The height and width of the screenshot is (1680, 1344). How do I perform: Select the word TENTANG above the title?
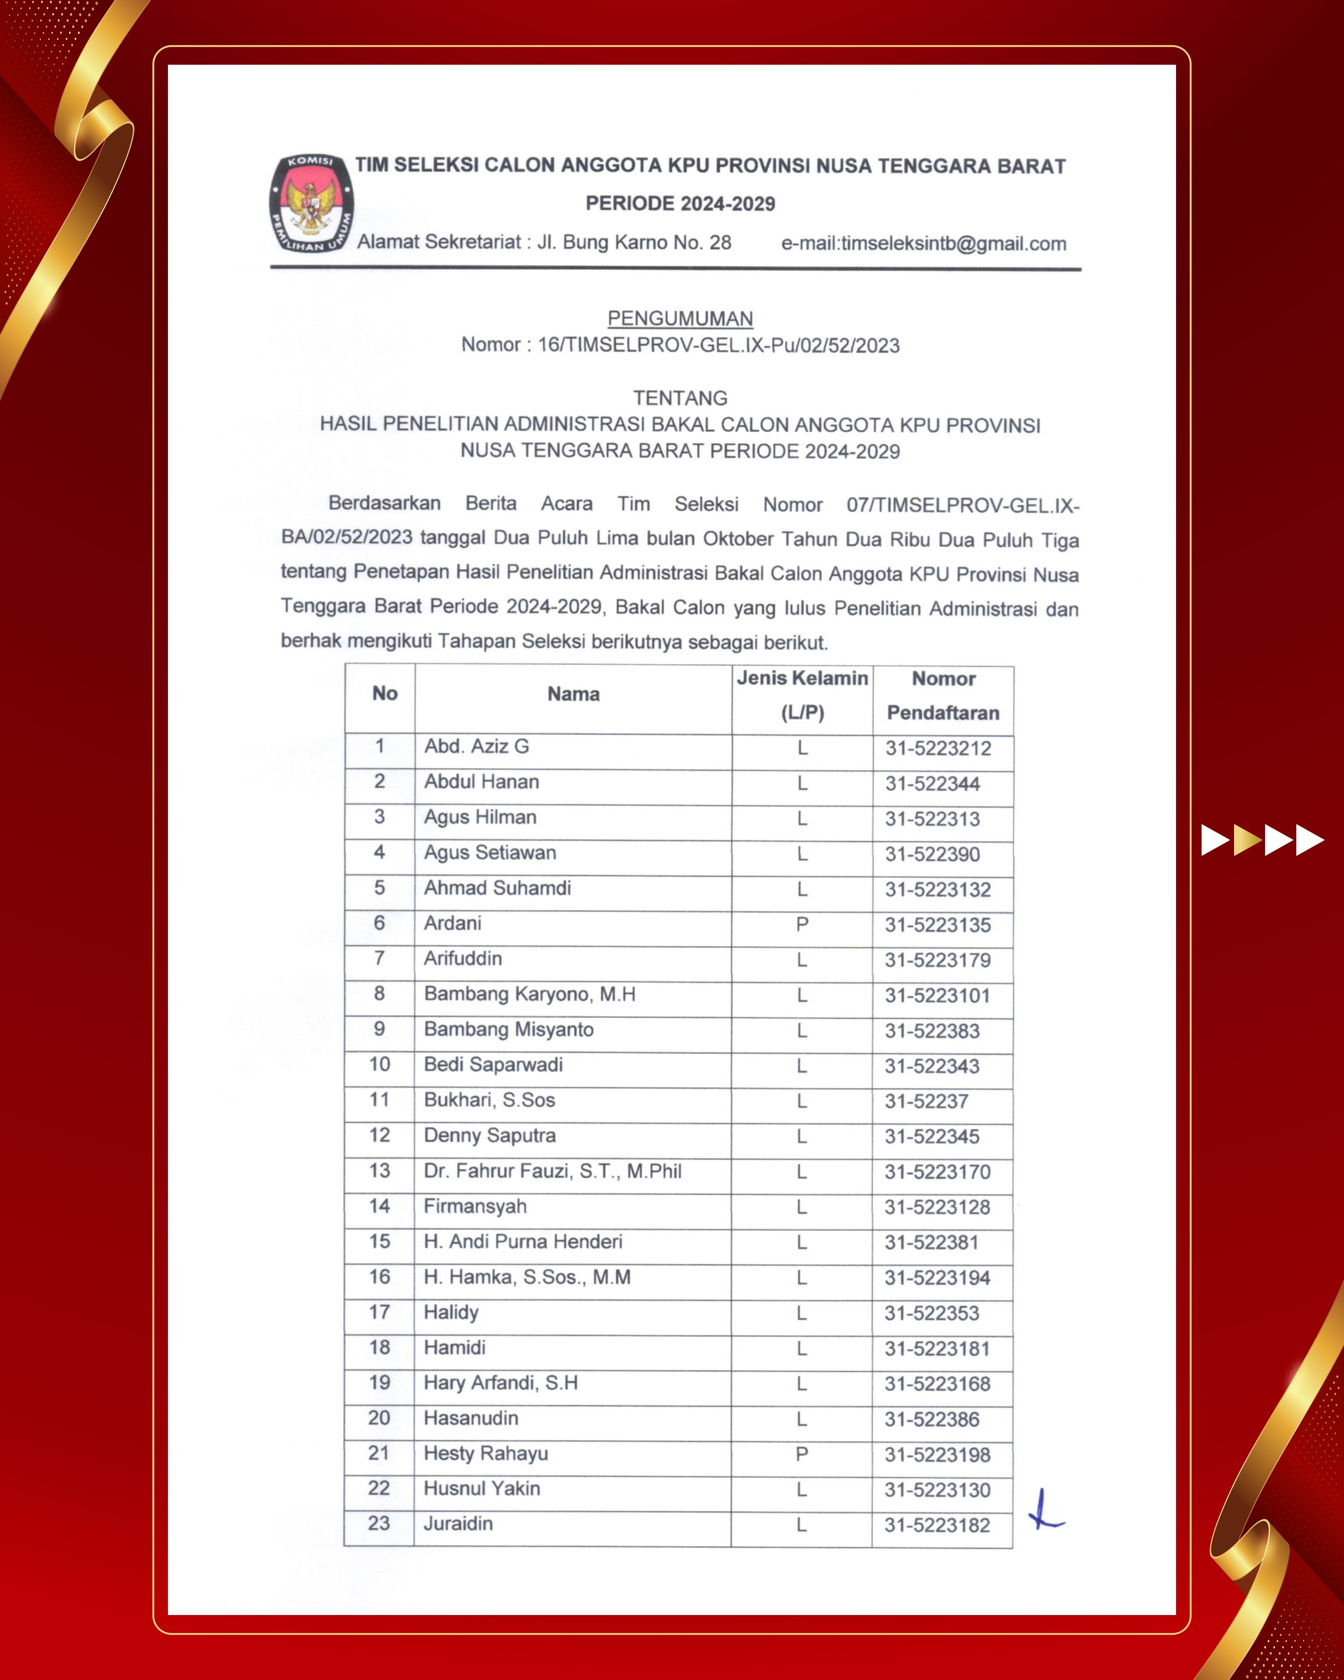[680, 398]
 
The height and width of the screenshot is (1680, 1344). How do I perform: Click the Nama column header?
[573, 694]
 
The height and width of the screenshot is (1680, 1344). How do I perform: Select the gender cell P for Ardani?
[802, 924]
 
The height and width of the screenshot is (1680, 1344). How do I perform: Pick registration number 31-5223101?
[937, 996]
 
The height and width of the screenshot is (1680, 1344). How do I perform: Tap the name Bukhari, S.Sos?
[489, 1100]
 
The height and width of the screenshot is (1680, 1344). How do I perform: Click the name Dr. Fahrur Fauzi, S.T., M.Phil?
[553, 1171]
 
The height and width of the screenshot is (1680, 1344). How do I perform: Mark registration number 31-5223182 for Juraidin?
[937, 1525]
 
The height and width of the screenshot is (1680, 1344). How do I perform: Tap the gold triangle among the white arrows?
[1248, 840]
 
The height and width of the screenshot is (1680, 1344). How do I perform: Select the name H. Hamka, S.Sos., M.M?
[527, 1277]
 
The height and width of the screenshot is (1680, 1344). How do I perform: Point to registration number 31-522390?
[932, 855]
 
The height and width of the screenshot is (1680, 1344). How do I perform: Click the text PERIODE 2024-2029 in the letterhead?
[680, 204]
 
